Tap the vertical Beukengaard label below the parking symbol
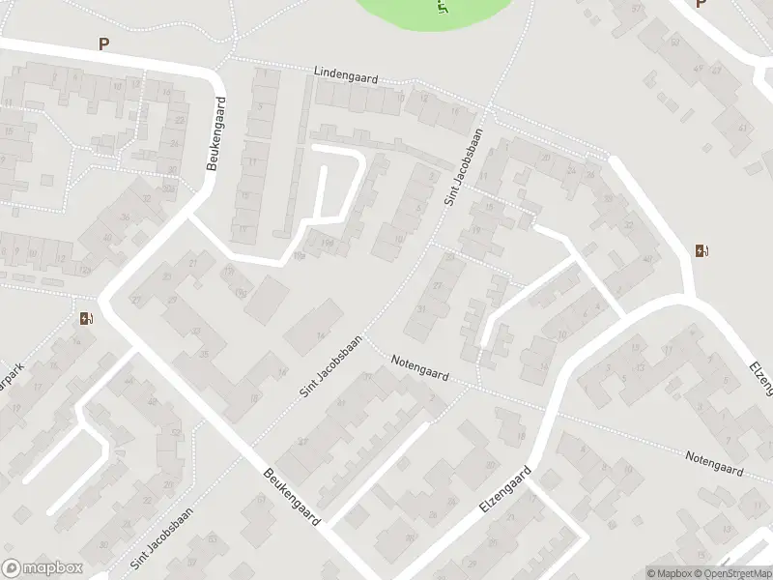pos(218,133)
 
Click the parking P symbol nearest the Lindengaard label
pos(103,43)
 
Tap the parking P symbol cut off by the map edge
pos(701,4)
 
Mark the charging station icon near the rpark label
pos(88,319)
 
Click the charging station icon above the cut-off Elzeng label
pos(701,251)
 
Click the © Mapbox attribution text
pos(671,572)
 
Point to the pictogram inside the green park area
pos(444,8)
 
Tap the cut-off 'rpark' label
pos(11,371)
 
